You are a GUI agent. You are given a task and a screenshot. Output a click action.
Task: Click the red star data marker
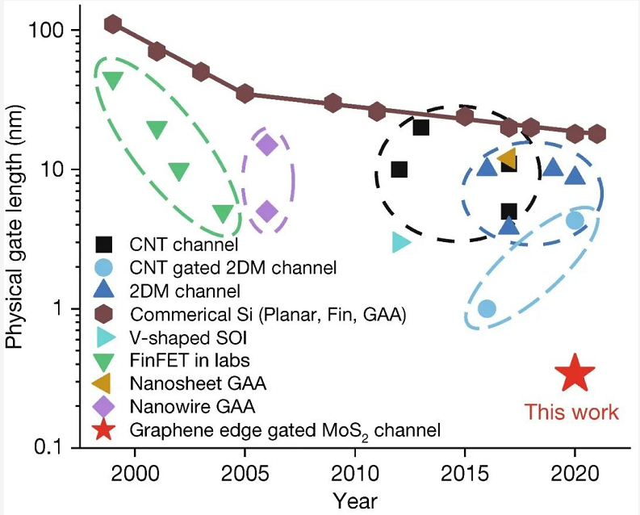pyautogui.click(x=575, y=373)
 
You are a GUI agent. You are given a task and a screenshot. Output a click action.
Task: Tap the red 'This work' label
pyautogui.click(x=571, y=412)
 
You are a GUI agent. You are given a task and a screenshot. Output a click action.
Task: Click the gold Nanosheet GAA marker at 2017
pyautogui.click(x=508, y=159)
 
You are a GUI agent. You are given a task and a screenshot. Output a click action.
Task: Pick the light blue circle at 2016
pyautogui.click(x=487, y=308)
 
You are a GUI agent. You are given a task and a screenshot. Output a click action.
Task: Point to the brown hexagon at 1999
pyautogui.click(x=113, y=24)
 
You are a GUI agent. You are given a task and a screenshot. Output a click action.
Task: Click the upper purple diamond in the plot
pyautogui.click(x=267, y=145)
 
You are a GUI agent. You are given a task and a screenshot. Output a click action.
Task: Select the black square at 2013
pyautogui.click(x=420, y=127)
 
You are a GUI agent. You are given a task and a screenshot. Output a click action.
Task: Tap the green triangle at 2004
pyautogui.click(x=224, y=213)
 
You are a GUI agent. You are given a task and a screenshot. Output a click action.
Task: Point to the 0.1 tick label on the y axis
pyautogui.click(x=50, y=449)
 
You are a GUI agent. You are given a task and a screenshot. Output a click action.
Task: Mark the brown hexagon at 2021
pyautogui.click(x=596, y=134)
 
